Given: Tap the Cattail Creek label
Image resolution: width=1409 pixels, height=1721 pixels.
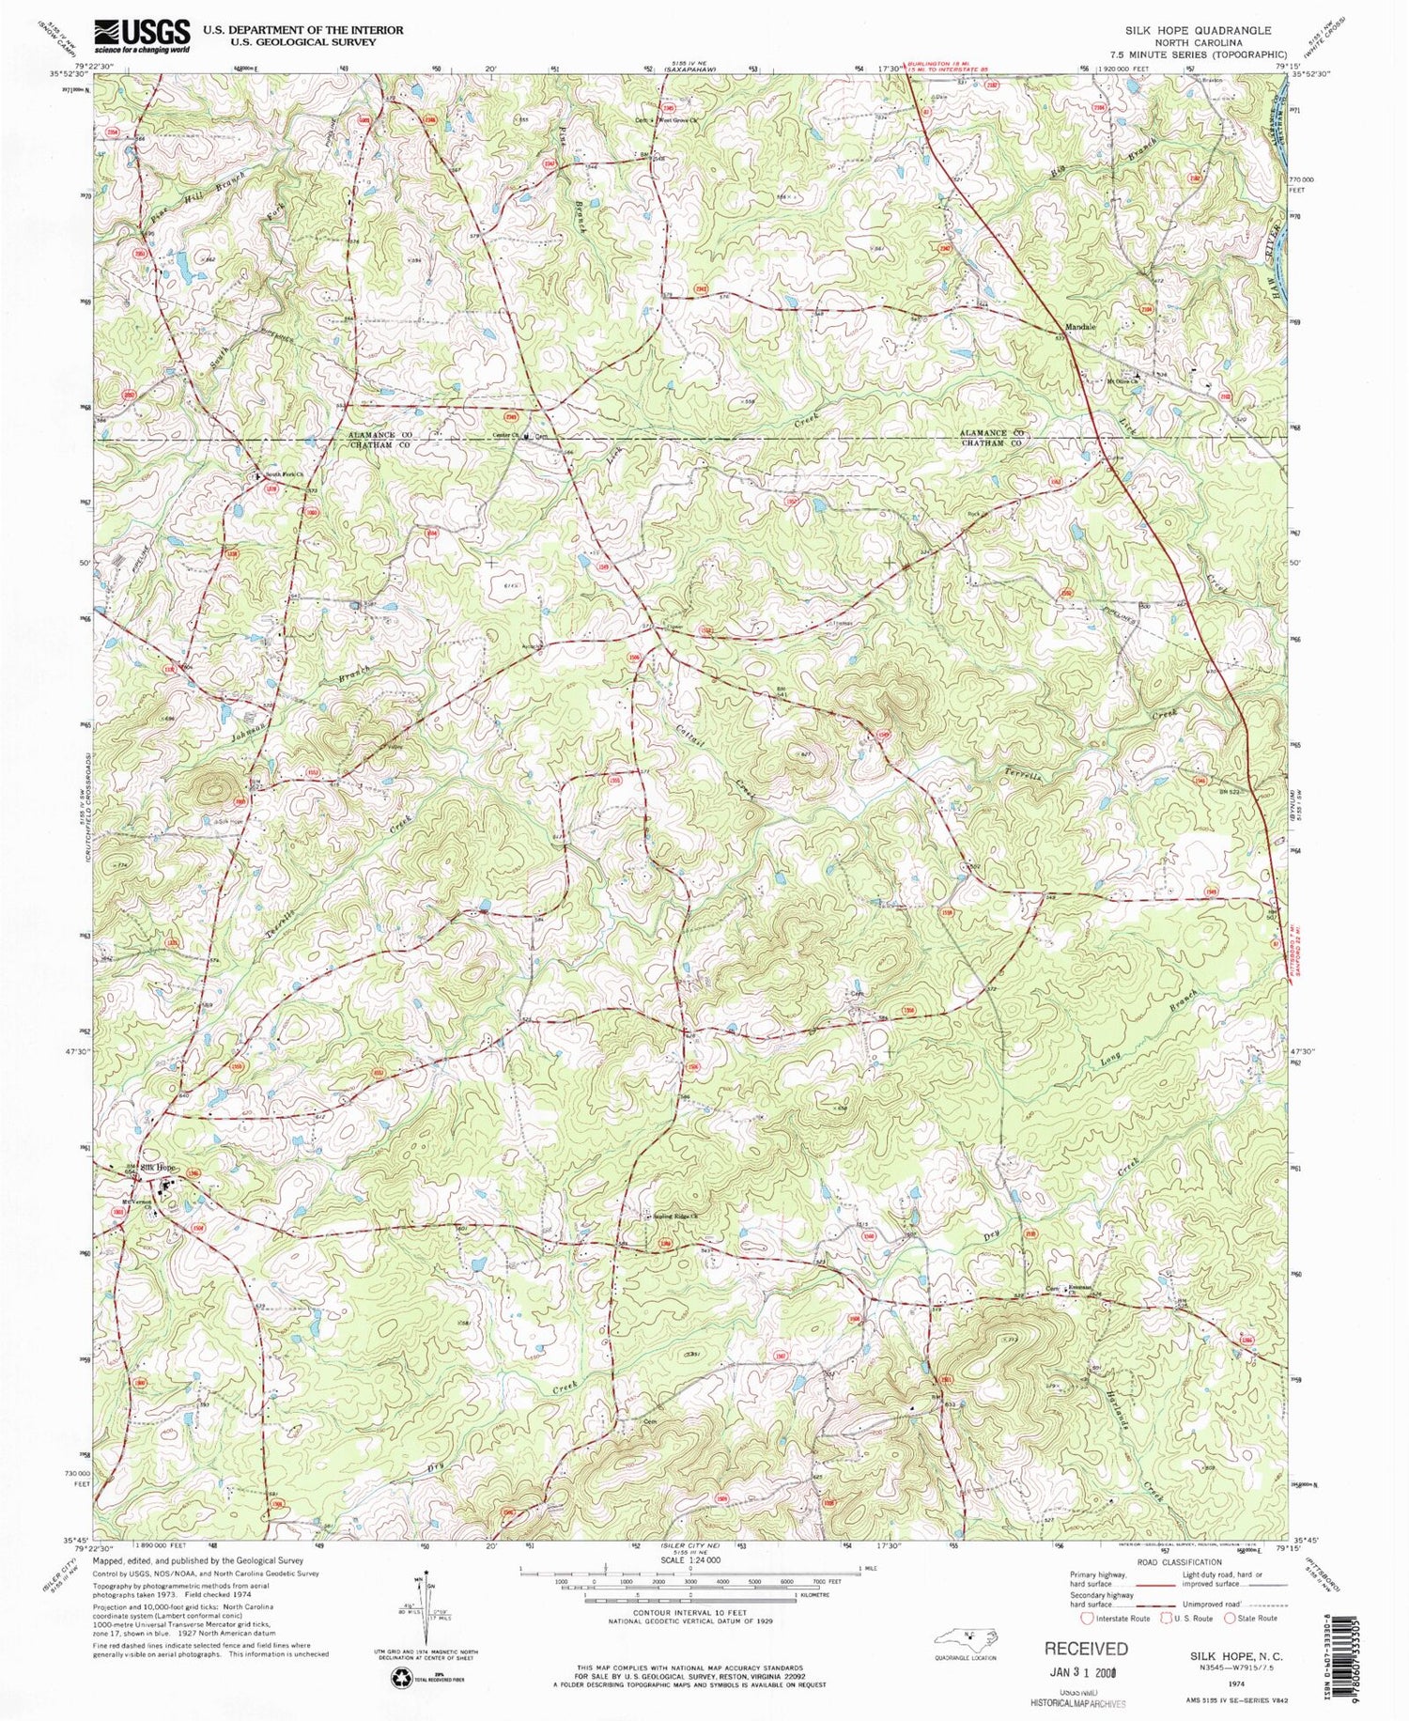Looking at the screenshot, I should point(716,760).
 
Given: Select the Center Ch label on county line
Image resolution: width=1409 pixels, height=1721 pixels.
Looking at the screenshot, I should point(507,436).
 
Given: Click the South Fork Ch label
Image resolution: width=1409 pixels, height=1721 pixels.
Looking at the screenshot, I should point(282,474).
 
